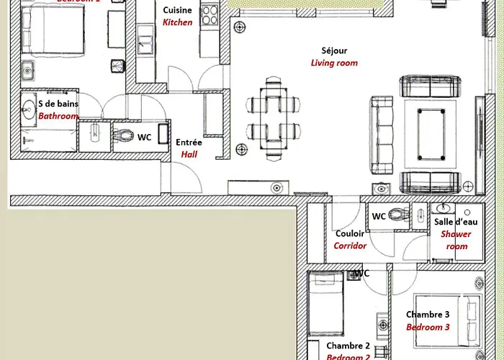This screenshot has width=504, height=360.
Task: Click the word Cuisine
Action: [x=177, y=10]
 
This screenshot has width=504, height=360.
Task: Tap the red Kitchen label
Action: [x=177, y=22]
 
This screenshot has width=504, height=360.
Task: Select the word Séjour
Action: [x=334, y=50]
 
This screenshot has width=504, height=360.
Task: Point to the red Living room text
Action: [x=334, y=63]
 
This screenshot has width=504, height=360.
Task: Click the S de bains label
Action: [x=58, y=104]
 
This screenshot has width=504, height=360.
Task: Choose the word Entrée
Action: [x=189, y=143]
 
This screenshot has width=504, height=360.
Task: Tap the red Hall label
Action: [x=189, y=154]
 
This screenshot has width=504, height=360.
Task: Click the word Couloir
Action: [x=350, y=233]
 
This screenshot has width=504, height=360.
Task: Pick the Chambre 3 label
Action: [x=428, y=314]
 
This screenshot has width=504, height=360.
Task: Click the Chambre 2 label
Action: [x=348, y=346]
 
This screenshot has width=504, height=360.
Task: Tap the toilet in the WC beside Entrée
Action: [x=127, y=135]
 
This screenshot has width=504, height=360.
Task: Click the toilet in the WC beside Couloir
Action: [x=398, y=214]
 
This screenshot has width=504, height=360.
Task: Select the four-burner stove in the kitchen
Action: [x=210, y=16]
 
